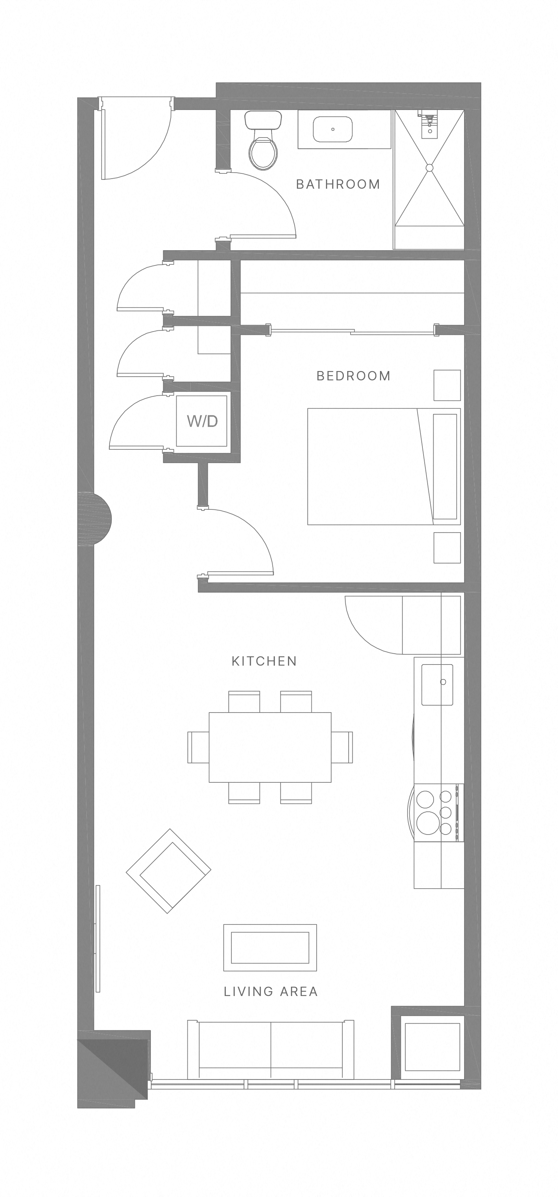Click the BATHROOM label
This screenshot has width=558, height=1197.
(x=338, y=185)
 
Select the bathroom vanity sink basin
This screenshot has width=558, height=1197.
(x=332, y=129)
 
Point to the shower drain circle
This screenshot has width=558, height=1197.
(x=429, y=168)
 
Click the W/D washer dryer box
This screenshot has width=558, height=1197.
(x=202, y=421)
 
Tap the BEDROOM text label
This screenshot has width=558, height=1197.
(x=353, y=376)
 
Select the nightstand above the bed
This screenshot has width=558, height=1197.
(x=447, y=385)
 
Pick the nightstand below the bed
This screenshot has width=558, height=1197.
(x=447, y=548)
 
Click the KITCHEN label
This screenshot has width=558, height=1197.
(x=264, y=661)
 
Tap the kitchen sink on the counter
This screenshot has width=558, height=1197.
(x=437, y=685)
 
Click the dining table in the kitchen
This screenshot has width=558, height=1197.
(x=270, y=747)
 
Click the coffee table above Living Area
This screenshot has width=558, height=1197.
(x=270, y=948)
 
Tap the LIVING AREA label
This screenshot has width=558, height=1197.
(x=271, y=992)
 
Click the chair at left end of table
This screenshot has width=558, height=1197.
(x=198, y=747)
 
